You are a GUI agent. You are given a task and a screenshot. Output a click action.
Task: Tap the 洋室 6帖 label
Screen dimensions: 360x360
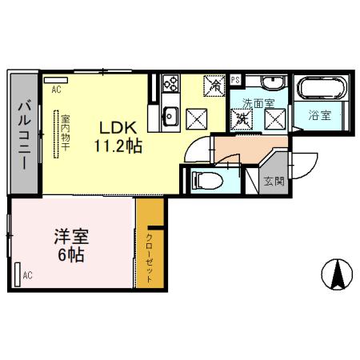pos(70,244)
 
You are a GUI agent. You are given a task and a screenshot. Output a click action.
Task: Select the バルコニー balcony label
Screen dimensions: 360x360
pos(23,135)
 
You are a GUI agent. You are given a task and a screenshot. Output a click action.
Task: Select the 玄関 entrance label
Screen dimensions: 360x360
pos(274,181)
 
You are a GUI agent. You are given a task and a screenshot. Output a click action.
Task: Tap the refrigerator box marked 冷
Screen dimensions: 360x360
pos(215,85)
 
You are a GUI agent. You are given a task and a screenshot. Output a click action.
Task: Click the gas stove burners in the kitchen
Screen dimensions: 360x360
pos(170,83)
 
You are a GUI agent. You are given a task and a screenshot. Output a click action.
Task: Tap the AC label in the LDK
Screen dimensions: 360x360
pos(56,90)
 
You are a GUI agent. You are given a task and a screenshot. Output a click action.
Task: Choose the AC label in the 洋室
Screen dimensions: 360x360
pos(26,276)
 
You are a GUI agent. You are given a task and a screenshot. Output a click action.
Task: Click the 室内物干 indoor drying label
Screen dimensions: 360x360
pos(66,134)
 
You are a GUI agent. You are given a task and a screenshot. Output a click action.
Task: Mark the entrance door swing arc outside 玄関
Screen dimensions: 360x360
pos(300,164)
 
